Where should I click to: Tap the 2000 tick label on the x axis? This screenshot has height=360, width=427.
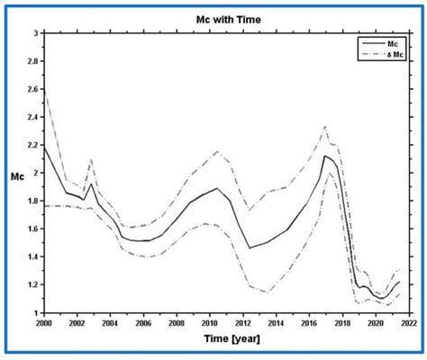point(43,321)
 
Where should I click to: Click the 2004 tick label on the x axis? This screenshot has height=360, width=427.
point(109,321)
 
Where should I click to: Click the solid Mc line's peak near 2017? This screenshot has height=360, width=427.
point(324,156)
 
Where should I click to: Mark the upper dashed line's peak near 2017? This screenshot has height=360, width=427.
point(325,126)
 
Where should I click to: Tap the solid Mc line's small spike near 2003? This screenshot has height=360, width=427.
point(91,184)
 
